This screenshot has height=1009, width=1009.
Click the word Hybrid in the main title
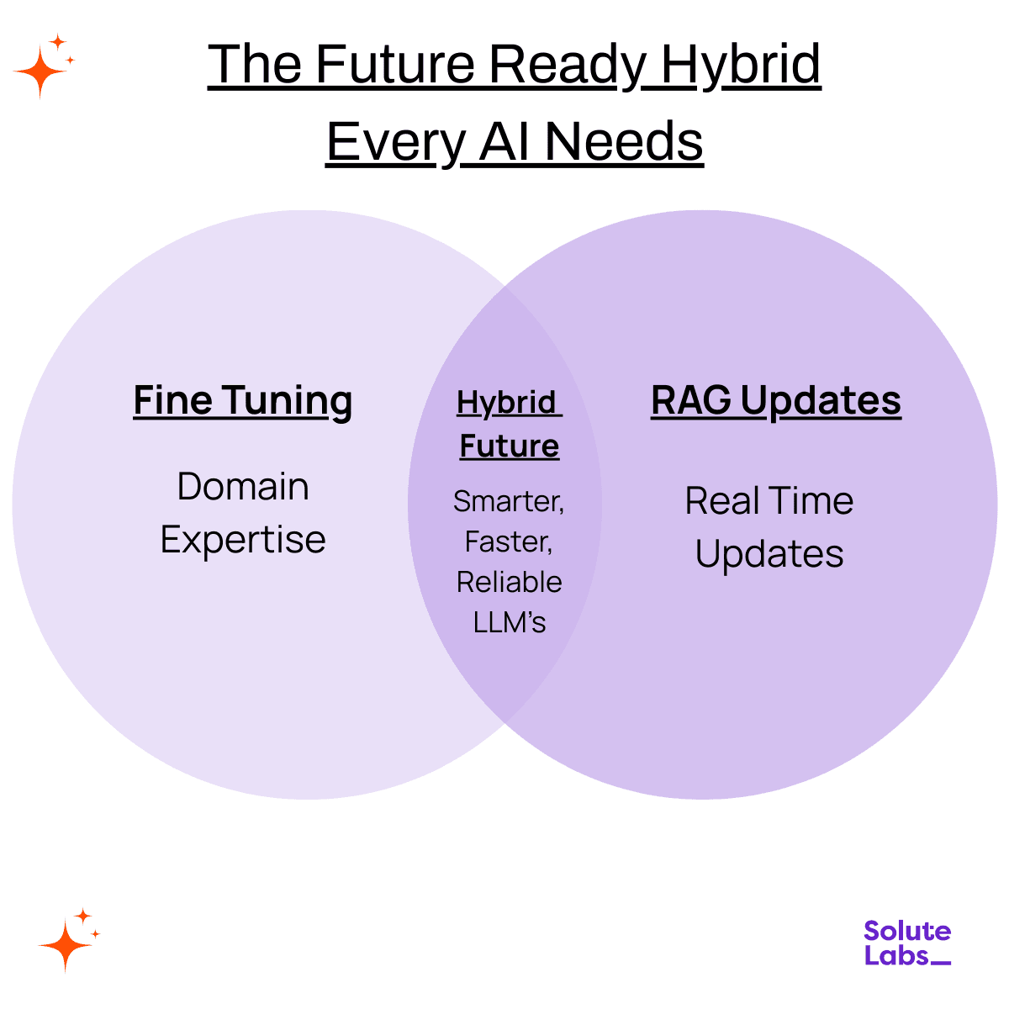point(741,64)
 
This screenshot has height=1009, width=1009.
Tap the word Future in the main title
point(395,64)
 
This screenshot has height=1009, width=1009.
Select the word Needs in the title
point(624,141)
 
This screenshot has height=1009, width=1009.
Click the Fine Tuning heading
point(242,400)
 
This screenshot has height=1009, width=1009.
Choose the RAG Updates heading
point(775,400)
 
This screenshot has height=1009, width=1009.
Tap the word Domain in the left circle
point(243,487)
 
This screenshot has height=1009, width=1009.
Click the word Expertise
point(243,540)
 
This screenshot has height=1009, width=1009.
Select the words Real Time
point(769,501)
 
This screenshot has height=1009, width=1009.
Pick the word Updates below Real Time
point(769,554)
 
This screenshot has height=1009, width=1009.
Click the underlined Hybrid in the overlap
point(506,403)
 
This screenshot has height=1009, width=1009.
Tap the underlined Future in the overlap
point(509,446)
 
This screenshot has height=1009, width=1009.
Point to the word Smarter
point(508,501)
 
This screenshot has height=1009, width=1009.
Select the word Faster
point(508,541)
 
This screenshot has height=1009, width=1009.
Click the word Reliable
point(509,582)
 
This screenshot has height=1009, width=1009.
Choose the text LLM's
point(510,622)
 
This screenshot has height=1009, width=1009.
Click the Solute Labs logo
point(906,943)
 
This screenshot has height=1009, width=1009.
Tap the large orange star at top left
point(39,72)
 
